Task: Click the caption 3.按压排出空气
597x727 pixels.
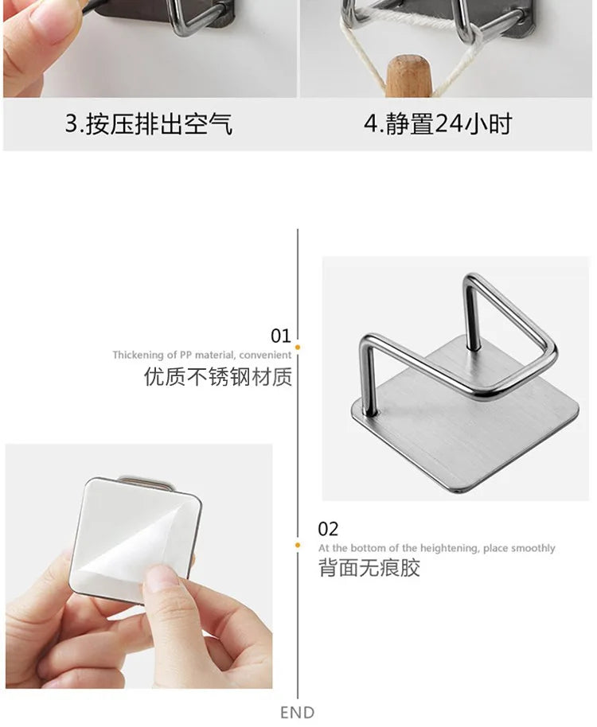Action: click(x=148, y=124)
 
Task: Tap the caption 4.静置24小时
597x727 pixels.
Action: click(x=438, y=124)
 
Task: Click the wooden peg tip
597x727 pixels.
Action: click(x=408, y=76)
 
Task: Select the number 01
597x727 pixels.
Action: click(x=281, y=336)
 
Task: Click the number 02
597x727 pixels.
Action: click(x=328, y=529)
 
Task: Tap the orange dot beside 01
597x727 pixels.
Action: click(x=298, y=348)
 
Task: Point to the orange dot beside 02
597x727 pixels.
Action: click(x=298, y=546)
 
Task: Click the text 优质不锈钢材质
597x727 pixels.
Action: click(x=218, y=376)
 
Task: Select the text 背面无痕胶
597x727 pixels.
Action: click(x=369, y=567)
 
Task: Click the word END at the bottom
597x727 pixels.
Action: click(x=298, y=712)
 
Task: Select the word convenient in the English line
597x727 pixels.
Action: click(x=265, y=356)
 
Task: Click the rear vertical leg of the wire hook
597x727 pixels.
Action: click(x=471, y=315)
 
